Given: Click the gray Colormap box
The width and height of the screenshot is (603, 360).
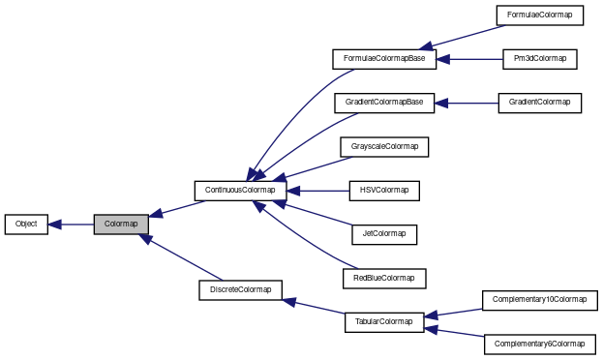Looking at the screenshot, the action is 121,224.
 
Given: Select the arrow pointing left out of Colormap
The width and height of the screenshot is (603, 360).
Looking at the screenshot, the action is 70,225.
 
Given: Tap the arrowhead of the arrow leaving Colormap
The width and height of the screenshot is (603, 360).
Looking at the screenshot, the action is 52,225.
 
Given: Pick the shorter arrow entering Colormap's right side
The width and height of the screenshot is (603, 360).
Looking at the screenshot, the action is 178,208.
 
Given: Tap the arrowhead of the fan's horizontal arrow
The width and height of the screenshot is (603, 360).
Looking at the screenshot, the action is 292,191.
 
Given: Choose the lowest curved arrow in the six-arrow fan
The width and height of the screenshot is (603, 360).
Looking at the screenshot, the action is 305,243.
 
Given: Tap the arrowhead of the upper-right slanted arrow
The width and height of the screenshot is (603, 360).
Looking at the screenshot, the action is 426,47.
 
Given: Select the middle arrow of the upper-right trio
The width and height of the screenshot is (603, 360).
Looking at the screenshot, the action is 469,59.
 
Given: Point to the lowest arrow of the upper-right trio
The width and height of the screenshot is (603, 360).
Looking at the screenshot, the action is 466,103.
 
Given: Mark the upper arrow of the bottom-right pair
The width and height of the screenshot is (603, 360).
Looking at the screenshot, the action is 453,314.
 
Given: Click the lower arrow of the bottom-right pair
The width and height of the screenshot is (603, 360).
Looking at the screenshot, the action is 453,332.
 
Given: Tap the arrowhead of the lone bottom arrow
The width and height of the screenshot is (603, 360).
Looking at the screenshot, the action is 288,301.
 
